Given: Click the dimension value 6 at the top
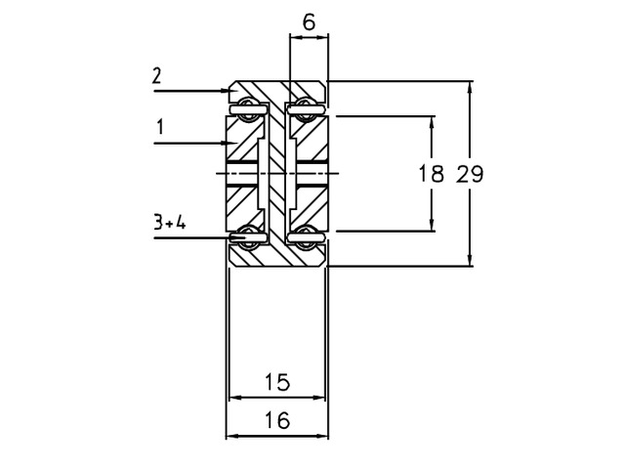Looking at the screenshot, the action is point(309,22).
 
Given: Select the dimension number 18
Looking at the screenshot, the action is point(431,174).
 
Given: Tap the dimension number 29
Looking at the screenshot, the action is point(470,174).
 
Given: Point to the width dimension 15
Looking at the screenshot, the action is point(277,382).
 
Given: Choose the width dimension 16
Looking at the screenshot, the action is point(277,420).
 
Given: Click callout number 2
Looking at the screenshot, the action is point(156,76).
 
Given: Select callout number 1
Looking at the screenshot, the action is point(160,128).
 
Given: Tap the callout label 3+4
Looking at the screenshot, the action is point(170,222).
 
